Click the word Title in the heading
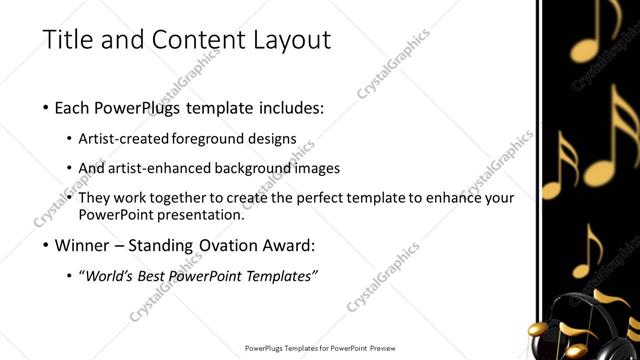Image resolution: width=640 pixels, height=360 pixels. (x=69, y=41)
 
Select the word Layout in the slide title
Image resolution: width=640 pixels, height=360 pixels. (x=287, y=41)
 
